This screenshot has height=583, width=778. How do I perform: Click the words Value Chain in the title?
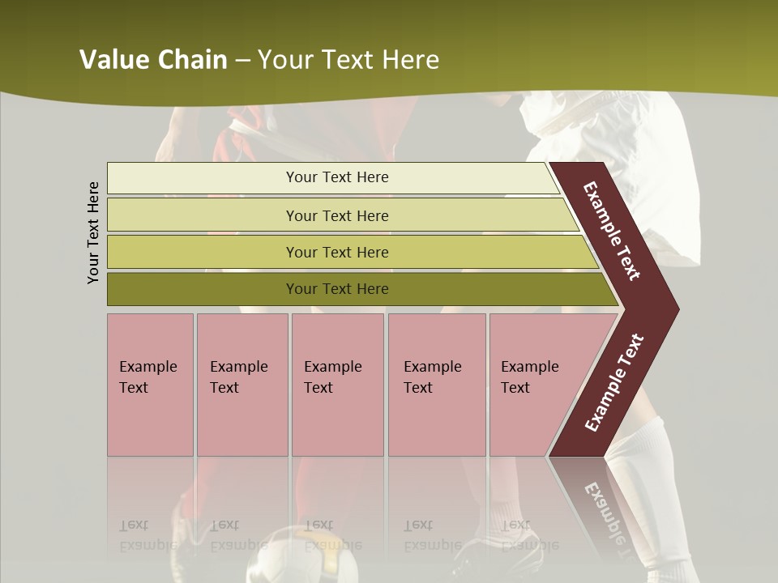[x=153, y=60]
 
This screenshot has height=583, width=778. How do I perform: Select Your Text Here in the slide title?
[x=348, y=60]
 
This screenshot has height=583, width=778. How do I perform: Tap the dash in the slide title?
[x=242, y=61]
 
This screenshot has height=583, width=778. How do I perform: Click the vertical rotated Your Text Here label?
[x=93, y=232]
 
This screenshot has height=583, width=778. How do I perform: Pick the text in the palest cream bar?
[x=337, y=177]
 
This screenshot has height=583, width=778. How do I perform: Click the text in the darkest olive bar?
[x=337, y=289]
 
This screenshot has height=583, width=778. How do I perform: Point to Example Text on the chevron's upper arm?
[x=612, y=232]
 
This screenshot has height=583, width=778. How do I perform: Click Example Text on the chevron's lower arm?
[x=614, y=382]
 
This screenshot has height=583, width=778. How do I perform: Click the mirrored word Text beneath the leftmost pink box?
[x=134, y=525]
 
